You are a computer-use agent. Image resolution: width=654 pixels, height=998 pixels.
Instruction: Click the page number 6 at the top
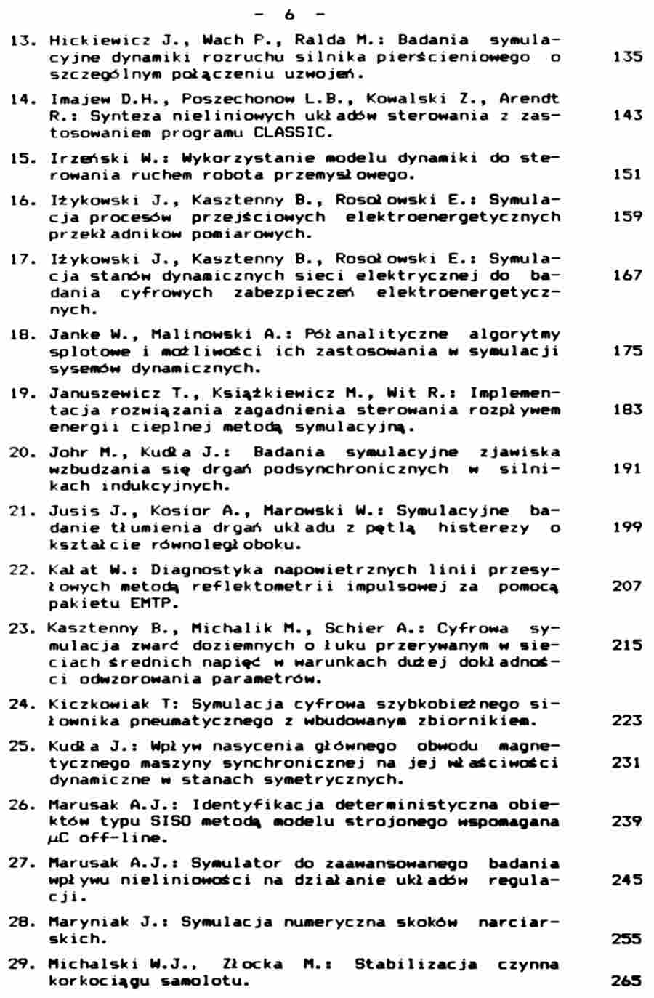tap(290, 14)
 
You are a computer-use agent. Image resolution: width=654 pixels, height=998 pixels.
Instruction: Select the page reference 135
tap(627, 57)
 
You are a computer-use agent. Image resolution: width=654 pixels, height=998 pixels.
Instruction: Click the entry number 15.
tap(24, 158)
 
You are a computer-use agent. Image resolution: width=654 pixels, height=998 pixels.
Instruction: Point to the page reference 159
tap(627, 217)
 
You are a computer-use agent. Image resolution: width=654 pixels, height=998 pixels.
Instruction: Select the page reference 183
tap(627, 410)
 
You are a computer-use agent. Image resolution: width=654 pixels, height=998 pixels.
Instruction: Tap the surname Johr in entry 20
tap(70, 452)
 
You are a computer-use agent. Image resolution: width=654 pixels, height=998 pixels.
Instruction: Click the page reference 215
tap(627, 645)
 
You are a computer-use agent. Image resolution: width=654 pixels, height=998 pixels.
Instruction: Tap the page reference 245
tap(627, 880)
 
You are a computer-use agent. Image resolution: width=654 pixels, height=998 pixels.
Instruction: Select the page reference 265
tap(627, 981)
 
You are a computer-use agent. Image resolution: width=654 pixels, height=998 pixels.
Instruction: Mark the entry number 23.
tap(24, 628)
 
